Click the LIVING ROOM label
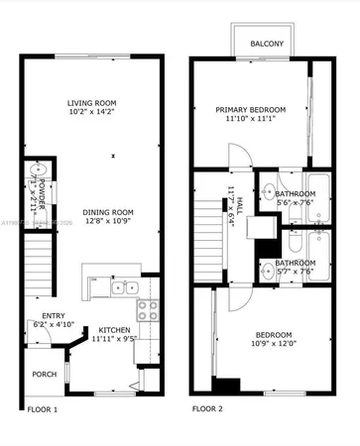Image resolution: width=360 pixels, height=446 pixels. click(x=93, y=103)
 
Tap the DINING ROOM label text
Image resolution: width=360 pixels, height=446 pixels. click(x=93, y=211)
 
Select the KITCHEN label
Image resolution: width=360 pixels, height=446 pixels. click(x=117, y=329)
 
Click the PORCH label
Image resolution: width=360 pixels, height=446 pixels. click(x=45, y=374)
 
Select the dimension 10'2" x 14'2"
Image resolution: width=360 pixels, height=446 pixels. click(x=93, y=114)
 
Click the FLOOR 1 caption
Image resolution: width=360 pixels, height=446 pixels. click(x=42, y=408)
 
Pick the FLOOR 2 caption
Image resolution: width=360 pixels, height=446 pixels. click(x=206, y=407)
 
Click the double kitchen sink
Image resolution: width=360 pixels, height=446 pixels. click(x=125, y=287)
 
